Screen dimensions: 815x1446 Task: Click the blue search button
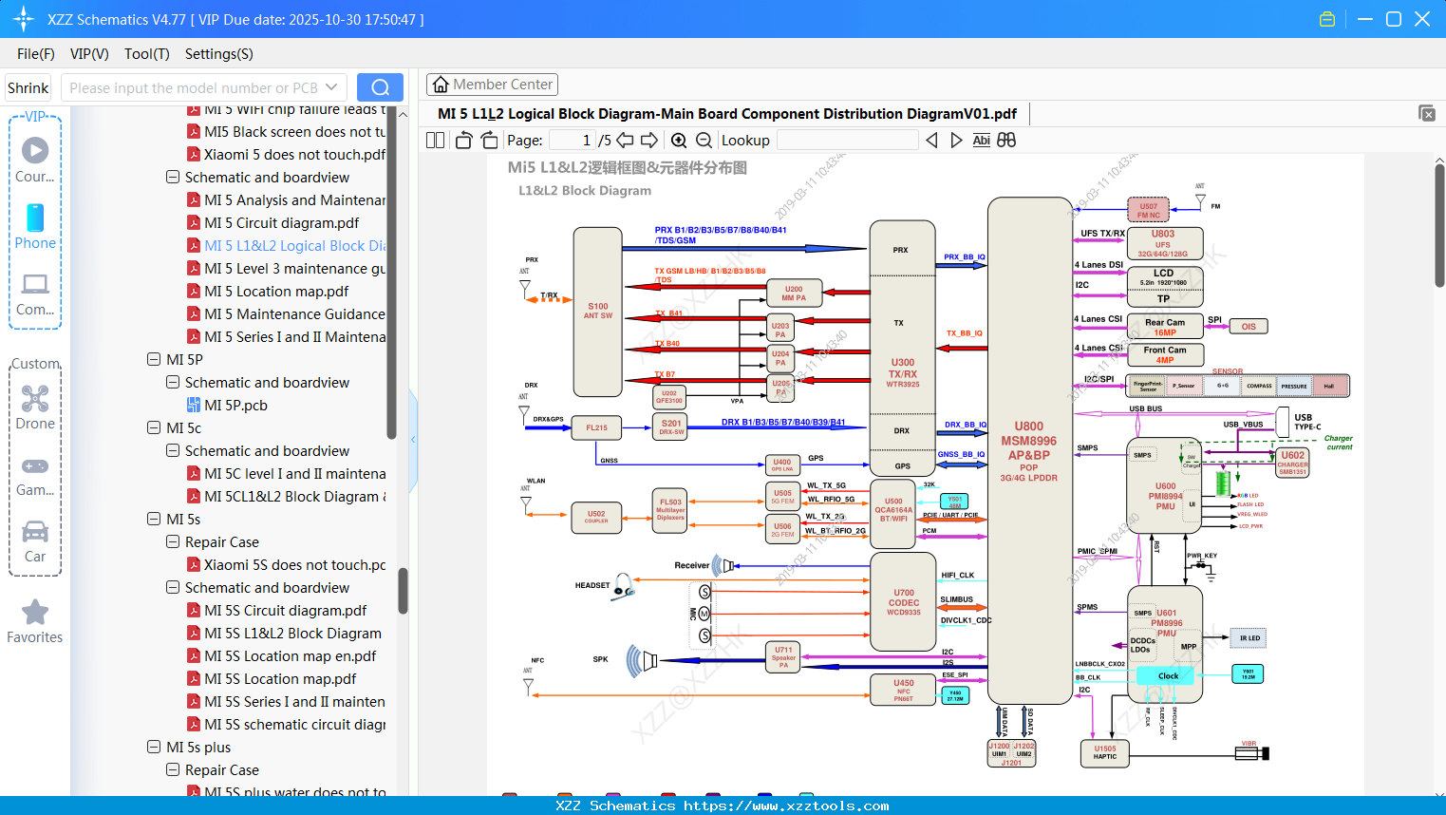(x=380, y=87)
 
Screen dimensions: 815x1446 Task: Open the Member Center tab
(x=492, y=85)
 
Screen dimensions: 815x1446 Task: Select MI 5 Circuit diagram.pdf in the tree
(x=281, y=223)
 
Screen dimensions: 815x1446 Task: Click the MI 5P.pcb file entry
(x=235, y=406)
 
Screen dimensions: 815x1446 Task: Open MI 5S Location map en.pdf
(x=290, y=656)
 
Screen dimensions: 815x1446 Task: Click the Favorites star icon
(x=35, y=614)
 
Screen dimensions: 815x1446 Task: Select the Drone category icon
(x=35, y=400)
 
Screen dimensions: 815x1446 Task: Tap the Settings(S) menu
(x=218, y=54)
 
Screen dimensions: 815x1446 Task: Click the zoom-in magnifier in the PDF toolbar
(x=679, y=141)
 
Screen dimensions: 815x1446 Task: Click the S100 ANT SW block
(x=598, y=312)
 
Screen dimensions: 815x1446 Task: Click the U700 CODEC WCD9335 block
(x=903, y=602)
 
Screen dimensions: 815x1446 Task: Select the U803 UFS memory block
(x=1164, y=243)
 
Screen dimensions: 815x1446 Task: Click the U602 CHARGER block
(x=1292, y=463)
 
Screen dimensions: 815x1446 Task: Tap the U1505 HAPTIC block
(x=1105, y=752)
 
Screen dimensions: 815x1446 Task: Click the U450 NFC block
(x=903, y=690)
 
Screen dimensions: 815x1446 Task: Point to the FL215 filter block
(x=596, y=428)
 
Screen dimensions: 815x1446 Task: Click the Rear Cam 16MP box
(x=1165, y=327)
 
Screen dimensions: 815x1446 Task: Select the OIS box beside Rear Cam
(x=1249, y=327)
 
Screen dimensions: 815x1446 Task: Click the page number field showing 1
(x=573, y=141)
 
